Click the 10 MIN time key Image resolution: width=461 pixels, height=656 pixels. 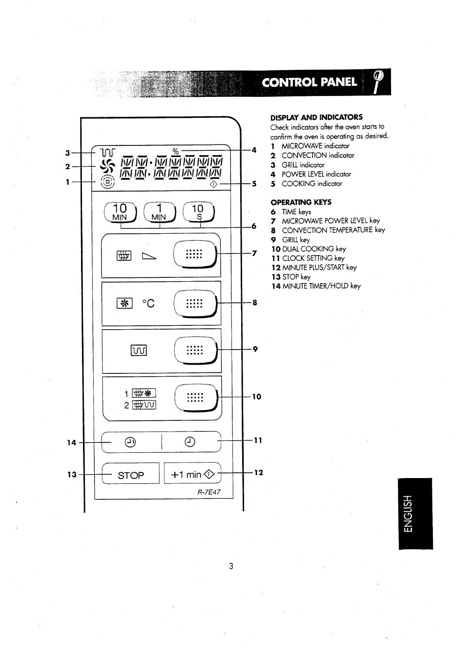[x=120, y=212]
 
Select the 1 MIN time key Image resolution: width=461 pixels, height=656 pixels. [x=160, y=212]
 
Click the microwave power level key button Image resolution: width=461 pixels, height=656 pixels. [x=195, y=254]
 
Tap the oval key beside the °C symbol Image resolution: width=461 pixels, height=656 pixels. [x=195, y=304]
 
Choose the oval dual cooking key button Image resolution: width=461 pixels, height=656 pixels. [x=196, y=398]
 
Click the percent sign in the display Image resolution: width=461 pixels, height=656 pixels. [x=176, y=151]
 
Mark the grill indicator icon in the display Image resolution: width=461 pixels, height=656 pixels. [x=108, y=152]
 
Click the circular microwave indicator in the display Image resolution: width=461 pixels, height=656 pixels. [x=107, y=182]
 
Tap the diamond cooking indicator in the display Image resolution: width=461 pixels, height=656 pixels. [x=214, y=185]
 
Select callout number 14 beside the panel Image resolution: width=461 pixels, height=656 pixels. [x=71, y=443]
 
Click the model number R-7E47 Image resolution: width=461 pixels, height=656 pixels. [x=209, y=492]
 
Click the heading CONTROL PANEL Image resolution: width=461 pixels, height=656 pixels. [x=310, y=82]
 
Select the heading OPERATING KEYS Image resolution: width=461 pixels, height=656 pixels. [x=301, y=202]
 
